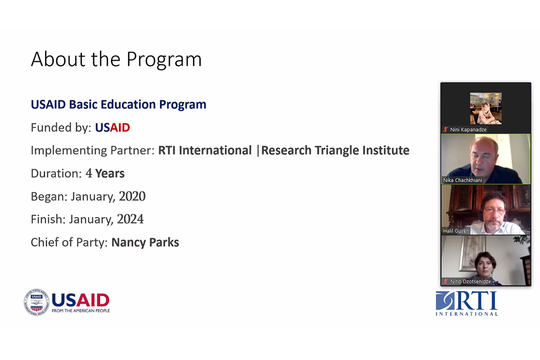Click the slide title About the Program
coord(116,60)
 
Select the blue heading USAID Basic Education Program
coord(118,104)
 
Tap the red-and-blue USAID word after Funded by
coord(112,128)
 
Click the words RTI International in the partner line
coord(205,151)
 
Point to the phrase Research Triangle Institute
coord(335,151)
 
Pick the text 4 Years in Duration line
coord(105,173)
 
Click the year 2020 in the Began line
coord(132,196)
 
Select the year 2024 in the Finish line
coord(130,219)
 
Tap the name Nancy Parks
coord(145,242)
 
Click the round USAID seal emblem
coord(37,302)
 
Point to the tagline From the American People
coord(81,311)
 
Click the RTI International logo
coord(466,303)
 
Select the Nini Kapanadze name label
coord(468,130)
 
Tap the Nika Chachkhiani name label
coord(462,180)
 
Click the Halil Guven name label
coord(456,231)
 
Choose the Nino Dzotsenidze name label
coord(470,281)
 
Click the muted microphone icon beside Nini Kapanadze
coord(446,130)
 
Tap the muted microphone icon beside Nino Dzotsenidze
coord(446,281)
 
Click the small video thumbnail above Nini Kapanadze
coord(485,108)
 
